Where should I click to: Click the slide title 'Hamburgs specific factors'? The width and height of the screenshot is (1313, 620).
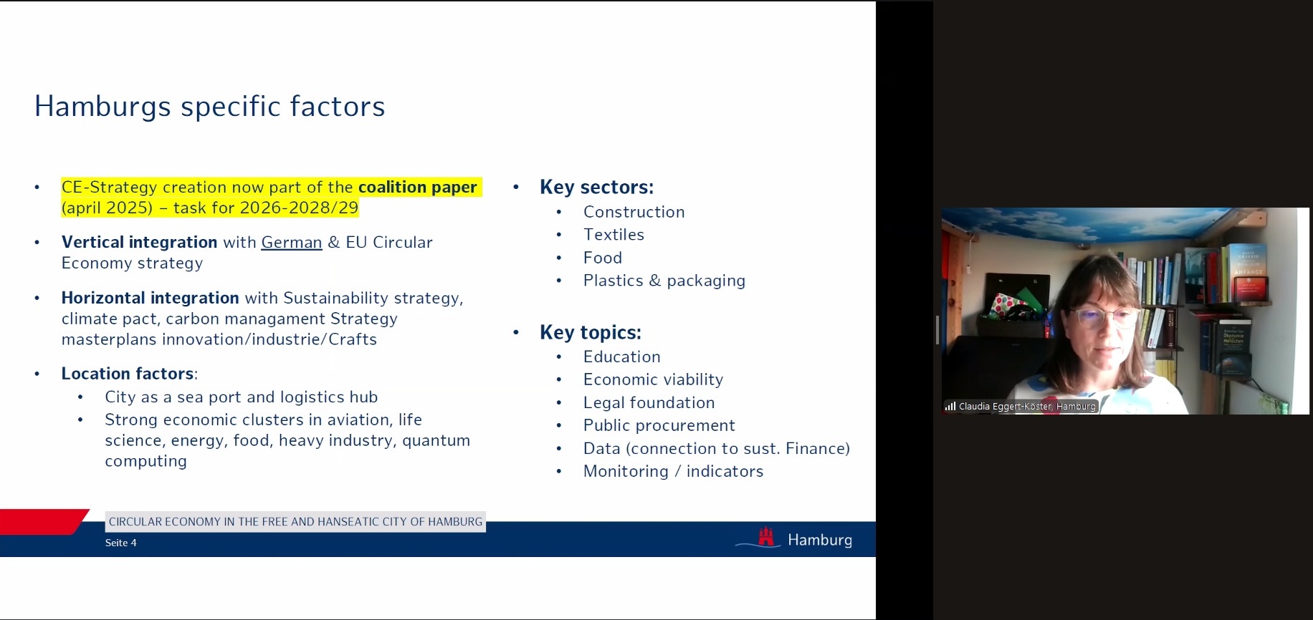tap(209, 107)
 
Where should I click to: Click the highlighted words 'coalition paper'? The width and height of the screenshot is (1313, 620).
tap(417, 188)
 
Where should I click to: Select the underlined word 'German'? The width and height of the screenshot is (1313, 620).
tap(292, 243)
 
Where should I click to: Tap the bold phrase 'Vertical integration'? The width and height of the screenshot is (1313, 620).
tap(139, 243)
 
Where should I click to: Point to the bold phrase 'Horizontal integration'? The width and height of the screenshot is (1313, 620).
tap(151, 298)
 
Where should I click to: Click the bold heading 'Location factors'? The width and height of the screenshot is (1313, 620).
tap(128, 374)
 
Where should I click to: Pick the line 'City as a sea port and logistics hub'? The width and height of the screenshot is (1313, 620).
tap(241, 397)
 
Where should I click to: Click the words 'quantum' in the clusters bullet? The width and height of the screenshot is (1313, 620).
tap(436, 441)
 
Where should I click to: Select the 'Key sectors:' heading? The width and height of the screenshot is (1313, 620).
tap(596, 188)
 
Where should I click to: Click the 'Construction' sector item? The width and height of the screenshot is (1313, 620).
tap(634, 212)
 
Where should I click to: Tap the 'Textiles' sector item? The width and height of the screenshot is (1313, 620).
tap(613, 235)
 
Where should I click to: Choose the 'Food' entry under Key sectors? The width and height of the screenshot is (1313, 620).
tap(602, 258)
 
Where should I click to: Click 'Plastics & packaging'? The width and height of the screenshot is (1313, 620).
tap(664, 281)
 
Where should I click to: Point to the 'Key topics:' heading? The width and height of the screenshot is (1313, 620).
tap(590, 333)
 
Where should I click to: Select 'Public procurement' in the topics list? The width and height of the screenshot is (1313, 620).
tap(659, 426)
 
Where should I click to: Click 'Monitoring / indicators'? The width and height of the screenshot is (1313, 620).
tap(673, 472)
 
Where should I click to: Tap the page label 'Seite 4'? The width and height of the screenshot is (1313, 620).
tap(120, 543)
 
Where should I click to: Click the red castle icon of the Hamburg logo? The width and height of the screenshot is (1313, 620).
tap(766, 537)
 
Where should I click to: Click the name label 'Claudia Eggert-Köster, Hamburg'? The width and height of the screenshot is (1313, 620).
tap(1027, 407)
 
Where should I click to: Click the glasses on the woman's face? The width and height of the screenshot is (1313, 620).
tap(1102, 317)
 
